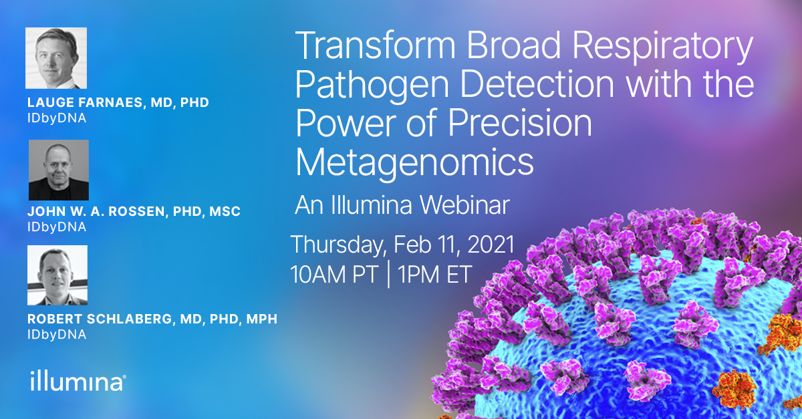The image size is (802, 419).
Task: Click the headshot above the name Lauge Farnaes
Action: (56, 58)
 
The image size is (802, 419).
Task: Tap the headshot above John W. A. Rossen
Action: (59, 170)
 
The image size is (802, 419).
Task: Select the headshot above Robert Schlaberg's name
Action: (57, 275)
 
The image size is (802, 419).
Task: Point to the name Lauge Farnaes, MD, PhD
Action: (118, 103)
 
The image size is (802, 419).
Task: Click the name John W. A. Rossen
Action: (96, 212)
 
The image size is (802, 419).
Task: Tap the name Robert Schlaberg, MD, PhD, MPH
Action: (152, 319)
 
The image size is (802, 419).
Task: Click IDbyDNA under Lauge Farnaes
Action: (57, 118)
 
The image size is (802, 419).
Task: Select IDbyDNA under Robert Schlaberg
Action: (57, 335)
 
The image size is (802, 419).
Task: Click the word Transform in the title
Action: (375, 46)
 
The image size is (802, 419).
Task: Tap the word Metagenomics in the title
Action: (414, 164)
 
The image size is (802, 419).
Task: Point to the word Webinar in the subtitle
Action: (464, 205)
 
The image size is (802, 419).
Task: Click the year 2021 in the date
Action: (491, 245)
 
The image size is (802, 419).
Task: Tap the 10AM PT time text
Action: (334, 275)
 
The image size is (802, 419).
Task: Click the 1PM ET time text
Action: (434, 275)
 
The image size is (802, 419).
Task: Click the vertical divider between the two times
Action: (388, 275)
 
